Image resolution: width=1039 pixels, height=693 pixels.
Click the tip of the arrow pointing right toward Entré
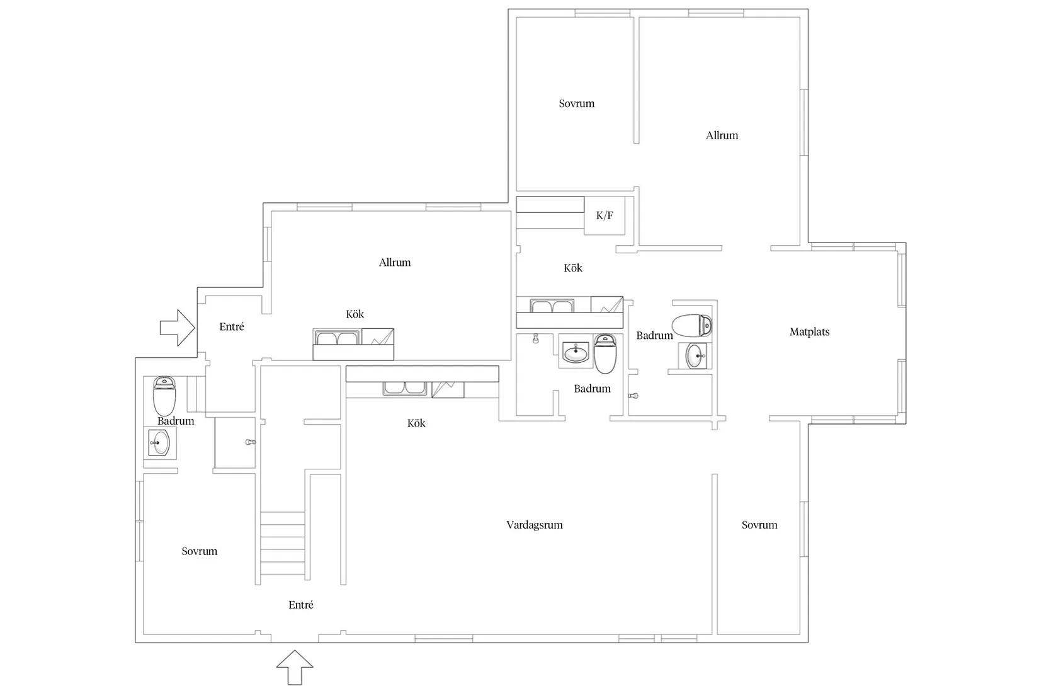point(195,328)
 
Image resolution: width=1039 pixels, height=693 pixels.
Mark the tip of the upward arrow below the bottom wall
point(295,651)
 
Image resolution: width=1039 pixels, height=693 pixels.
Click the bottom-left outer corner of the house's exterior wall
point(135,643)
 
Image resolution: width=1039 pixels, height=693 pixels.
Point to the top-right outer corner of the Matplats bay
point(906,243)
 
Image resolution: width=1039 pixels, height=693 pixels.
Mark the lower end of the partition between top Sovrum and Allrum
point(637,143)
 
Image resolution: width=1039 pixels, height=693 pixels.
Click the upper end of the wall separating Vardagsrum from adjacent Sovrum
point(715,474)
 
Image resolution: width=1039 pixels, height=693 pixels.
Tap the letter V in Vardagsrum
point(510,525)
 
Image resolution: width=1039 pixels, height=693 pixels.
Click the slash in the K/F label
point(605,215)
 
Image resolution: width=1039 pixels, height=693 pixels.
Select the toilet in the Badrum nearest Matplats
point(692,325)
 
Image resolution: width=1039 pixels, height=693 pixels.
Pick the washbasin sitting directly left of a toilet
point(576,352)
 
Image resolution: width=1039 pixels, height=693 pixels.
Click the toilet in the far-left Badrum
point(164,396)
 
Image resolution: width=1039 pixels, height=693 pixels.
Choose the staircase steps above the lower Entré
point(283,543)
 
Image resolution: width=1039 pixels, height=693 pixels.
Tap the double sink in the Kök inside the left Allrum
point(338,338)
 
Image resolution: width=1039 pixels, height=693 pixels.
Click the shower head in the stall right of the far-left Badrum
point(251,442)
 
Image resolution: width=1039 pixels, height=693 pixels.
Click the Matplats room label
point(809,332)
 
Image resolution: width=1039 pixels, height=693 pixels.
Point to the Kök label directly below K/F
point(573,268)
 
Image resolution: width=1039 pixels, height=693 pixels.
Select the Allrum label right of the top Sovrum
point(722,135)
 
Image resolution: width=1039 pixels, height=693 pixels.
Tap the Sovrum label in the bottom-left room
point(199,551)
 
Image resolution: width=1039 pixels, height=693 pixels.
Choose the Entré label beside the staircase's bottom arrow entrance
point(300,605)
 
